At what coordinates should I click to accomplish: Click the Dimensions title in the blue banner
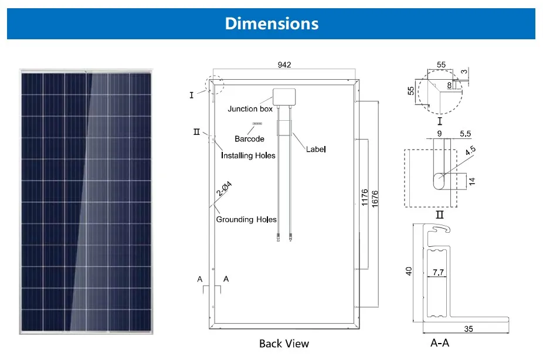[x=272, y=23]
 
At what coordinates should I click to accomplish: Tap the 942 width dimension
[x=284, y=64]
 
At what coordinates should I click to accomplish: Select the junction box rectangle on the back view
[x=284, y=97]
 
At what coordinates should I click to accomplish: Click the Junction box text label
[x=250, y=108]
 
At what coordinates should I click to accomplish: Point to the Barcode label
[x=249, y=139]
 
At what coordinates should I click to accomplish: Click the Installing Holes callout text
[x=248, y=155]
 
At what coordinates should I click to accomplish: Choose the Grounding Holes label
[x=246, y=219]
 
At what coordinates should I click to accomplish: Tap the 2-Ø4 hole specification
[x=224, y=189]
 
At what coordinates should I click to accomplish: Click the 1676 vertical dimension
[x=375, y=199]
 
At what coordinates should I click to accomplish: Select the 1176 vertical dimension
[x=365, y=198]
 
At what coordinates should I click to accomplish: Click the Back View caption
[x=284, y=344]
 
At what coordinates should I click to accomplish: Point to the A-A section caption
[x=440, y=342]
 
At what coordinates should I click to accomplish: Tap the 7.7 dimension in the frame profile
[x=438, y=272]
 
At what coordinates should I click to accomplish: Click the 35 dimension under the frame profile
[x=469, y=329]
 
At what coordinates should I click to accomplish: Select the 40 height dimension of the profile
[x=409, y=271]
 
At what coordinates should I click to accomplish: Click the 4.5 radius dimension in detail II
[x=470, y=151]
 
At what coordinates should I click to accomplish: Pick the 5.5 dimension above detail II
[x=466, y=134]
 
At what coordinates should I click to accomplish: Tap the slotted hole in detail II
[x=442, y=181]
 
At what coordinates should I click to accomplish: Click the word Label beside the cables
[x=316, y=149]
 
